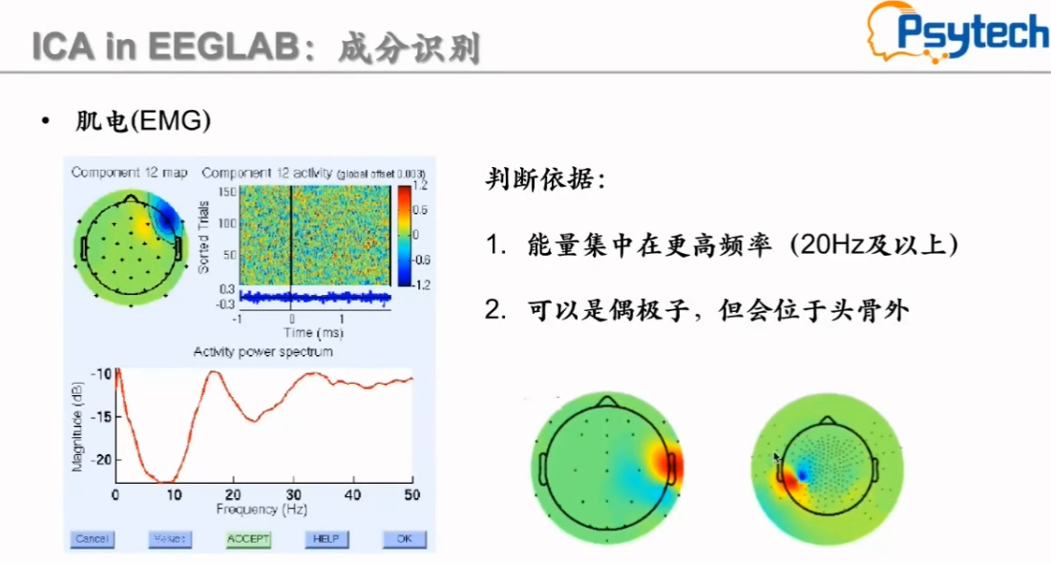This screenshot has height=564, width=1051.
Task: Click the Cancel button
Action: point(91,539)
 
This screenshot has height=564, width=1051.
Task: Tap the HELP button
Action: point(326,539)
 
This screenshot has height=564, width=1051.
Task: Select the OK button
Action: point(404,539)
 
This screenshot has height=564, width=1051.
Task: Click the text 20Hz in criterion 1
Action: point(828,245)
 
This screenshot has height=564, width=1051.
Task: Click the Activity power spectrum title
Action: point(263,352)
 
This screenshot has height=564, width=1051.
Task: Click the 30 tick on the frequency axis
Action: point(293,494)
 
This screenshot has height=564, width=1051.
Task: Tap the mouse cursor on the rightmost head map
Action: point(778,460)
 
